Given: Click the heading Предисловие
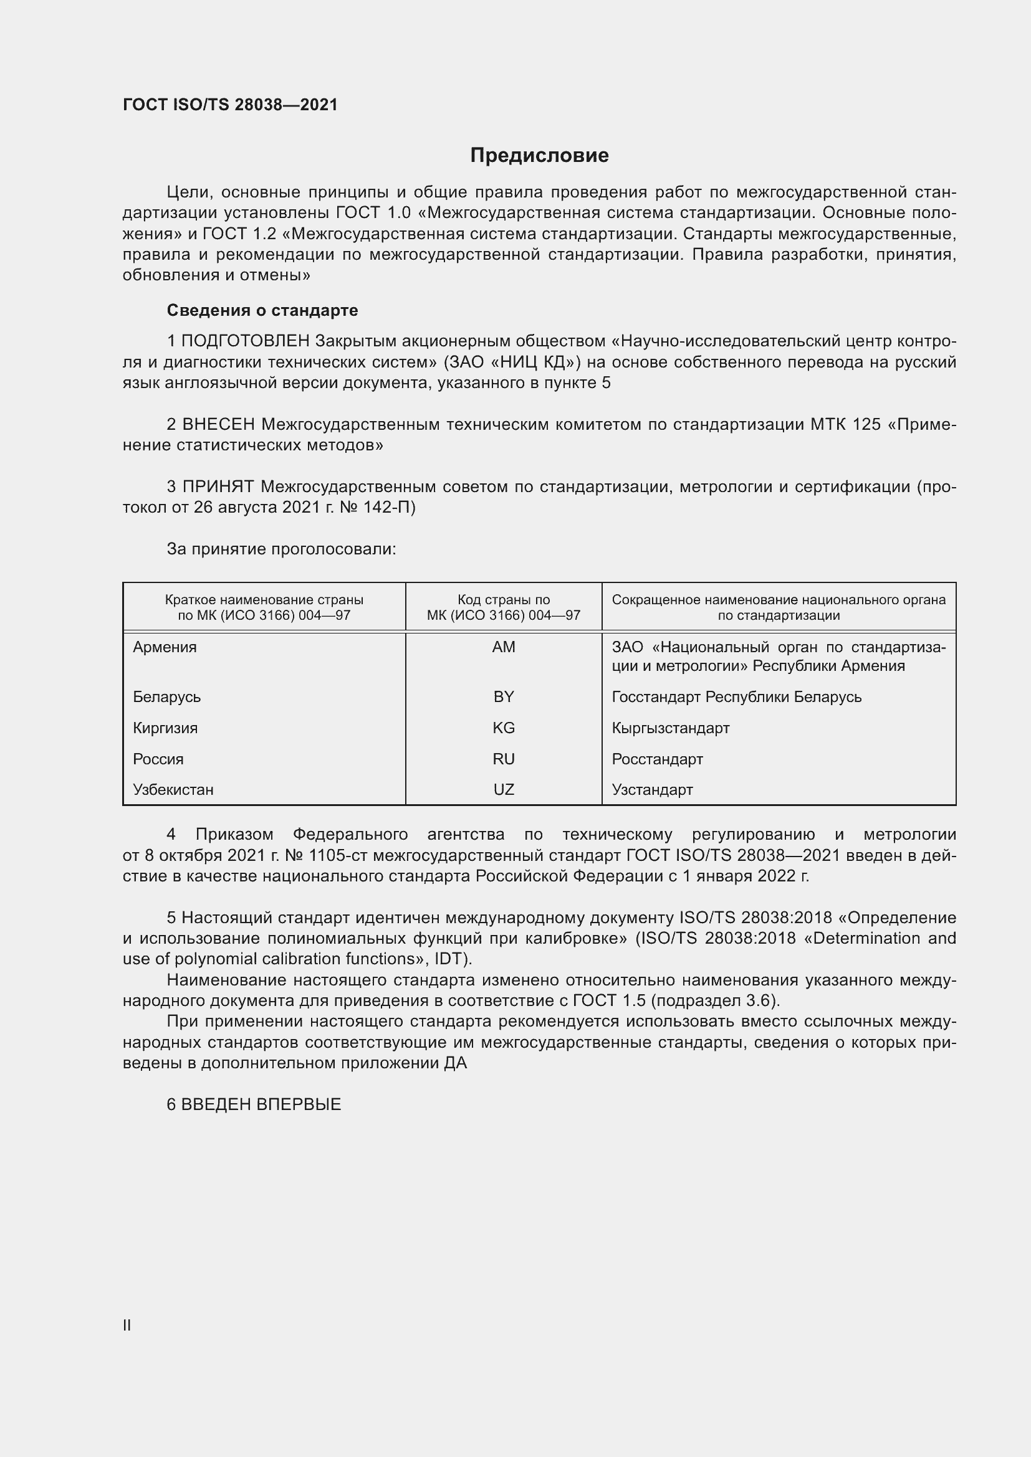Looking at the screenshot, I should pos(539,156).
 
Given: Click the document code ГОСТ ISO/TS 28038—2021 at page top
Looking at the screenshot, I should pos(230,105).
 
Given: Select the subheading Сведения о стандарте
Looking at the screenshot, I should pos(262,310).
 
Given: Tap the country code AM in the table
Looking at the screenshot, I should pos(504,647).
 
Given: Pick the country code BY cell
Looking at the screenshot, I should pos(504,697).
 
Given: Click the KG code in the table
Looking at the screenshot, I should pos(504,728).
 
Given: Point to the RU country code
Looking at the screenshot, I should pos(504,759).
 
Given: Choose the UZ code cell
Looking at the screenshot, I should pos(504,790).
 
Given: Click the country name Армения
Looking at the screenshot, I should pos(165,647).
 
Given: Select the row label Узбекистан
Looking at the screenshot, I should pos(173,790).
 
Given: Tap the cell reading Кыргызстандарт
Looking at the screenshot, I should pos(671,728).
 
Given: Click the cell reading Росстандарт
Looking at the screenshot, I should pos(657,759).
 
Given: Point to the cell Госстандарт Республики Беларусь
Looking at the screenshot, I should pos(736,697).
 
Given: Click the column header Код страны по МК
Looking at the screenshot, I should pos(504,607).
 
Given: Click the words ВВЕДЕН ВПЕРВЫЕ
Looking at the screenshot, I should pos(261,1105).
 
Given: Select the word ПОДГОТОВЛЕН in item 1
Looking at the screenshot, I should pos(246,341).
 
